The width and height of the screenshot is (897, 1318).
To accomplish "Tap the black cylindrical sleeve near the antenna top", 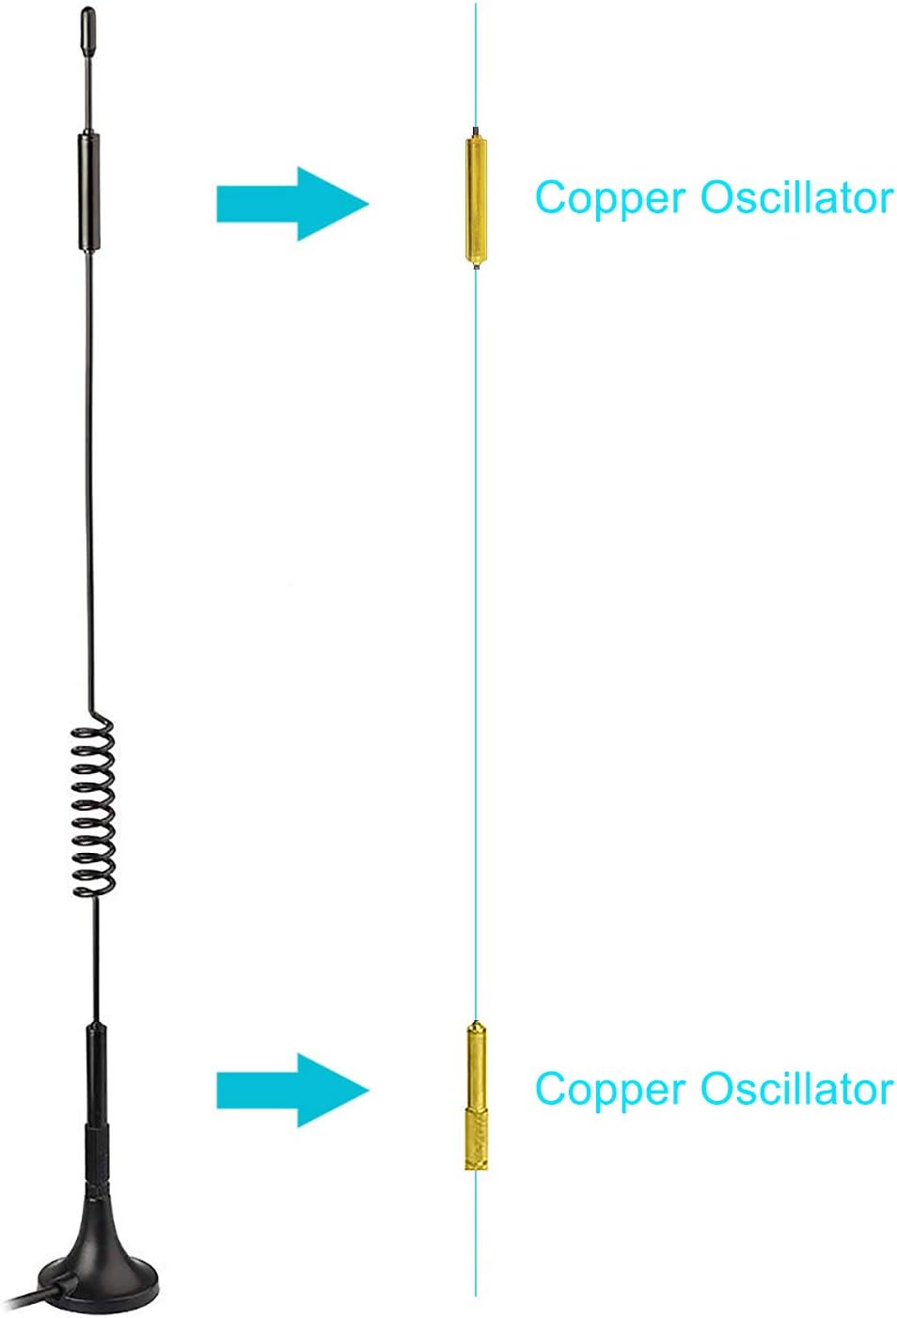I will [88, 193].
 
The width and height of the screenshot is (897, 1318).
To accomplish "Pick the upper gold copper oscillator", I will [476, 200].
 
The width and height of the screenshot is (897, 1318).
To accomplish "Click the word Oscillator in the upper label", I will [796, 198].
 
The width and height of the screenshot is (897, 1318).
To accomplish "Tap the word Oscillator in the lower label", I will [796, 1090].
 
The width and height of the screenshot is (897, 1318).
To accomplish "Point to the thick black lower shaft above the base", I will [96, 1071].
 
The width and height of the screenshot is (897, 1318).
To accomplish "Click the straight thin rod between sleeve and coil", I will [90, 470].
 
